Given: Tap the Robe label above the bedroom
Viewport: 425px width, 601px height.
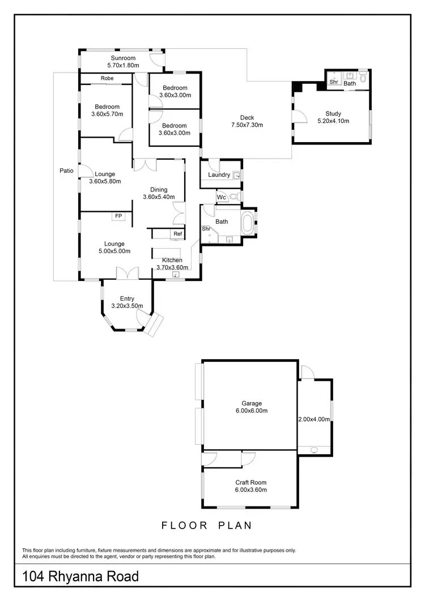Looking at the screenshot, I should click(x=107, y=78).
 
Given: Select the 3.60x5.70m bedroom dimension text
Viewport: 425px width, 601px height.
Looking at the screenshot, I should click(x=107, y=114).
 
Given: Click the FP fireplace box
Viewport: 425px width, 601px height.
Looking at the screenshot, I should click(x=118, y=216).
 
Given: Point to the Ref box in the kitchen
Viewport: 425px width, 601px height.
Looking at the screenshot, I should click(x=177, y=234).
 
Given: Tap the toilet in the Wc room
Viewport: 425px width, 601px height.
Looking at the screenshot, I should click(x=234, y=197).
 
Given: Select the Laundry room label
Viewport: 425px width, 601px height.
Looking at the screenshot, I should click(x=219, y=175).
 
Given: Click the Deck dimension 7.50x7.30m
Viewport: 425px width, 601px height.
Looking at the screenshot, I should click(x=246, y=125).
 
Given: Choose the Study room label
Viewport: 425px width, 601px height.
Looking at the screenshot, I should click(x=333, y=113).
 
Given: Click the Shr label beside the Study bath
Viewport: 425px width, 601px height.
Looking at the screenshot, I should click(x=334, y=83).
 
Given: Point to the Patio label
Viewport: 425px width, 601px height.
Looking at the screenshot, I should click(x=67, y=170).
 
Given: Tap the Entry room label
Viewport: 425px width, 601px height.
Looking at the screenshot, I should click(x=127, y=299).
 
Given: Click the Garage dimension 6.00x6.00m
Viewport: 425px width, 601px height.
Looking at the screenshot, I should click(x=250, y=411).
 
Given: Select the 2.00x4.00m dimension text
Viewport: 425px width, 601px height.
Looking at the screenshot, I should click(x=314, y=419).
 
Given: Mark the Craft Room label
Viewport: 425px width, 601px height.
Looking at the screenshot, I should click(x=250, y=483).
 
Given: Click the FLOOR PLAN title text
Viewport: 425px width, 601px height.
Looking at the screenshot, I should click(x=207, y=526).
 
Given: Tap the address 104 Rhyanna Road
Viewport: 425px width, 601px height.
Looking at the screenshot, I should click(x=80, y=577).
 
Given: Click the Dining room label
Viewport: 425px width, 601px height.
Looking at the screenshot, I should click(x=159, y=190).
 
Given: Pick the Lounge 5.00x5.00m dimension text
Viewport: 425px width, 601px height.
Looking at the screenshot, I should click(x=114, y=251).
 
